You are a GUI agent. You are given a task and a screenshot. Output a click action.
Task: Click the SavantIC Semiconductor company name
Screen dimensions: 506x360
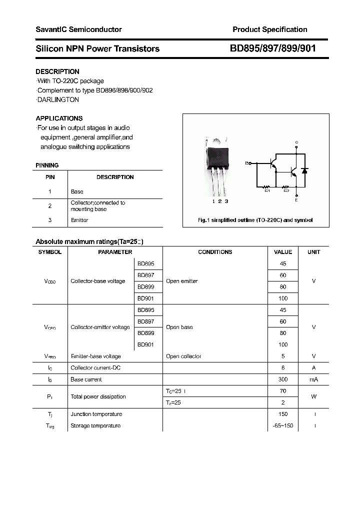click(x=78, y=29)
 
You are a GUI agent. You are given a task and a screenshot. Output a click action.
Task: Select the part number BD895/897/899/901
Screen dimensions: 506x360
click(x=272, y=48)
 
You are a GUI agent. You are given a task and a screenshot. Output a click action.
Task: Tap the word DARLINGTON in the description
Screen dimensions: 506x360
click(x=58, y=99)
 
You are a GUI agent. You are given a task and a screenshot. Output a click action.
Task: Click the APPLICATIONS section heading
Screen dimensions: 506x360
click(x=59, y=118)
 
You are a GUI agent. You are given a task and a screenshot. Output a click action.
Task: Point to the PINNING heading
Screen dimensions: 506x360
click(x=47, y=165)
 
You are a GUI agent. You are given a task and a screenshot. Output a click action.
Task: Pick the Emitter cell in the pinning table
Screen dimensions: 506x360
click(x=79, y=220)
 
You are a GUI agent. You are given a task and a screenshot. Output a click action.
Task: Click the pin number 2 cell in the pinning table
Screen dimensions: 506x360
click(x=50, y=205)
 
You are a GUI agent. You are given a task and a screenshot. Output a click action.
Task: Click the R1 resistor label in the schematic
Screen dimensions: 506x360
click(x=267, y=190)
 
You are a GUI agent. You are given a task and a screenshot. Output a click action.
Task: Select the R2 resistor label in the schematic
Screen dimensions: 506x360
click(x=286, y=190)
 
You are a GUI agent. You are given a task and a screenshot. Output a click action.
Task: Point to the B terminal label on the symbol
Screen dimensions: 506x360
click(x=246, y=163)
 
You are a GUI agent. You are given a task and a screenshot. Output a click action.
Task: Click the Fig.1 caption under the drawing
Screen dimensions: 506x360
click(x=255, y=220)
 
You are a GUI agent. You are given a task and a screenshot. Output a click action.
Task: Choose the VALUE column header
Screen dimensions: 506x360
click(x=283, y=252)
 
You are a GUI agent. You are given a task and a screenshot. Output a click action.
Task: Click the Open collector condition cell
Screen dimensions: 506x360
click(x=183, y=356)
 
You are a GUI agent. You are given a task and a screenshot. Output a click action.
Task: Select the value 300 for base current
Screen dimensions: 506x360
click(x=283, y=379)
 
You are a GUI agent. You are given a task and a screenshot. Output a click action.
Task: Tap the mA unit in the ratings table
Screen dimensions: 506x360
click(x=313, y=379)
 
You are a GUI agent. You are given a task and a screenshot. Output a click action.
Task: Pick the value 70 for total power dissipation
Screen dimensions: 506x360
click(x=283, y=390)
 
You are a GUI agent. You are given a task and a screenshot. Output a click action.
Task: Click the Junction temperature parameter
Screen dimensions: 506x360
click(x=96, y=414)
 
